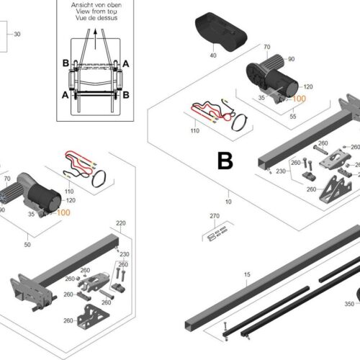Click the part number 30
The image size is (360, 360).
[18, 34]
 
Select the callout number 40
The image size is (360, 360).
[213, 55]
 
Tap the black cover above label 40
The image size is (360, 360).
[217, 32]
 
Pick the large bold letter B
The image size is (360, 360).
[225, 161]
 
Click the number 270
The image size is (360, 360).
[214, 216]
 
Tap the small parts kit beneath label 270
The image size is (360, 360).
[217, 233]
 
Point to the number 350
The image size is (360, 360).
[349, 305]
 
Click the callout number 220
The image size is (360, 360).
[120, 223]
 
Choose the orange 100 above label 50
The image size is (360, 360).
[63, 213]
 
